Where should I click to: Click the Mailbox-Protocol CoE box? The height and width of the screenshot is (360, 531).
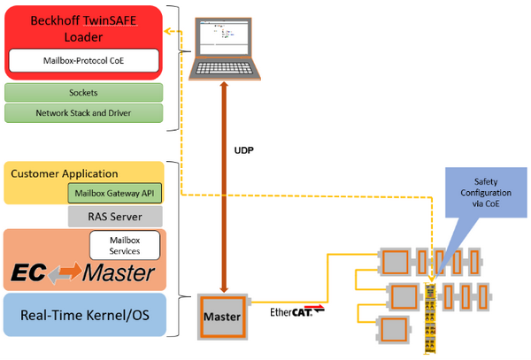83,61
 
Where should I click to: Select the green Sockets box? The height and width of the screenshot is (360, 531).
83,92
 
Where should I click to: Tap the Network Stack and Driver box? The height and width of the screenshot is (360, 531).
83,113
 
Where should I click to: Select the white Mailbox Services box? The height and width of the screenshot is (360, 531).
126,245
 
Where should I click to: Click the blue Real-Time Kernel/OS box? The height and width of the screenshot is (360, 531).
85,316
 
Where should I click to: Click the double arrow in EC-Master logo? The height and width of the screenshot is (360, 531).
60,273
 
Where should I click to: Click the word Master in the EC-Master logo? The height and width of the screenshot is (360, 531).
119,273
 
